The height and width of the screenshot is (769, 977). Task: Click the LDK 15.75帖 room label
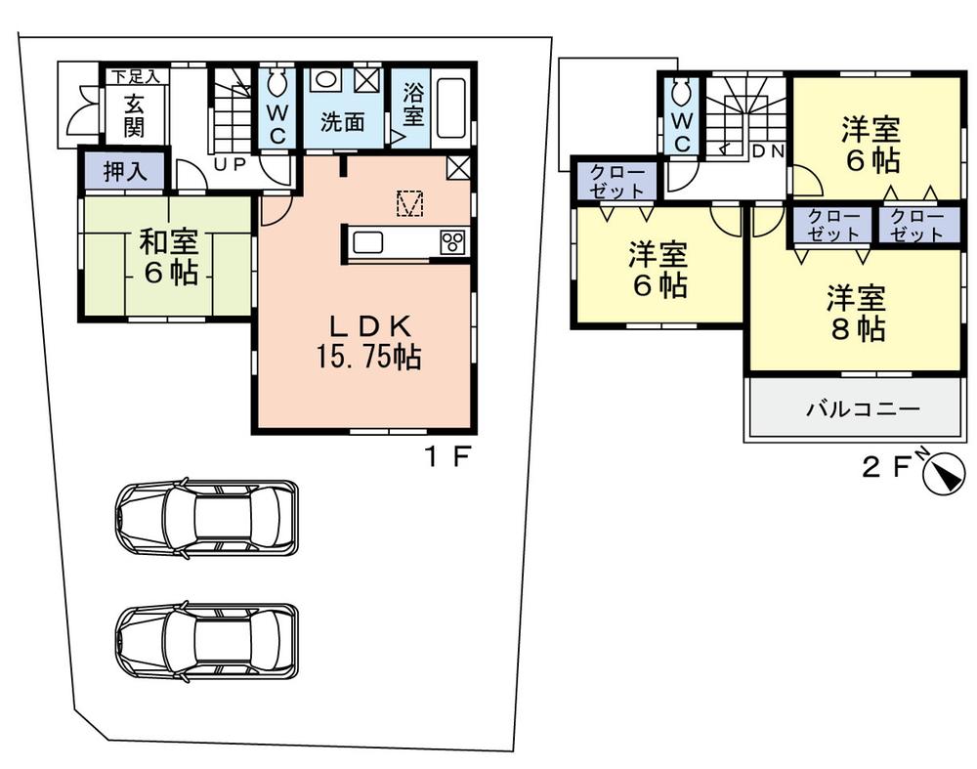click(x=366, y=343)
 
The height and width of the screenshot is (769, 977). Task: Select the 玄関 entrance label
click(x=134, y=113)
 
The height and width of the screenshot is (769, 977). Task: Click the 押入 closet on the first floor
click(x=125, y=172)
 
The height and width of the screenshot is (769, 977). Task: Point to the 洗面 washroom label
click(x=343, y=122)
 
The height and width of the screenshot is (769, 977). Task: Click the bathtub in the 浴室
click(x=450, y=108)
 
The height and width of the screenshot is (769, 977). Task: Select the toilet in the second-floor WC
click(x=682, y=93)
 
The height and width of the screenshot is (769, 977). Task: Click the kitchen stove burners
click(x=453, y=241)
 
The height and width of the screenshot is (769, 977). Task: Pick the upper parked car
click(x=207, y=518)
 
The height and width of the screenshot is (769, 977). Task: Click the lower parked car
click(x=207, y=641)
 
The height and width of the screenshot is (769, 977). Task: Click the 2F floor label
click(x=884, y=466)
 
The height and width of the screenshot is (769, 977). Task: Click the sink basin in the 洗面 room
click(x=326, y=81)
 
